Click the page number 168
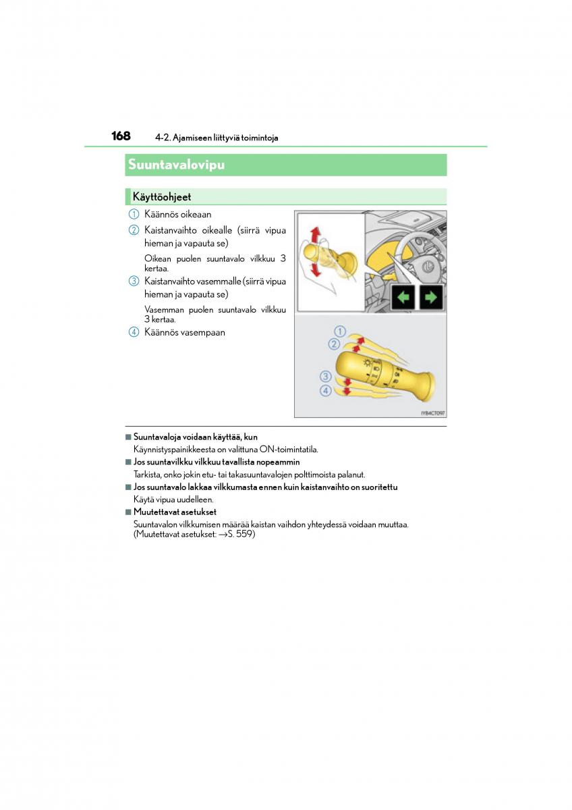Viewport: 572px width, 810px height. coord(121,136)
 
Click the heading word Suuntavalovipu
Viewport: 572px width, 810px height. coord(176,165)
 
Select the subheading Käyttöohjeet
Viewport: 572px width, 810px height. coord(162,197)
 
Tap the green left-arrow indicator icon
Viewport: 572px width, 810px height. coord(403,297)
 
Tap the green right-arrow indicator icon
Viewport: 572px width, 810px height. coord(431,297)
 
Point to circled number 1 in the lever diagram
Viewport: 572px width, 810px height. coord(340,331)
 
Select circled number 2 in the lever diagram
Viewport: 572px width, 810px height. coord(334,344)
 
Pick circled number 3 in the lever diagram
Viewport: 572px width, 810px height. coord(326,377)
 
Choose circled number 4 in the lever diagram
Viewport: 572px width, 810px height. coord(326,390)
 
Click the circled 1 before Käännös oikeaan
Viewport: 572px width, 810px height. coord(134,214)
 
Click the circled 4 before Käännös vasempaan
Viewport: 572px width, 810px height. coord(134,332)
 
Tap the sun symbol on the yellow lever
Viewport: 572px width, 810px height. coord(367,363)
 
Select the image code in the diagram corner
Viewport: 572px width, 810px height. coord(432,413)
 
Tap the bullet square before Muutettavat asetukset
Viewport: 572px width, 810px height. coord(127,512)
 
